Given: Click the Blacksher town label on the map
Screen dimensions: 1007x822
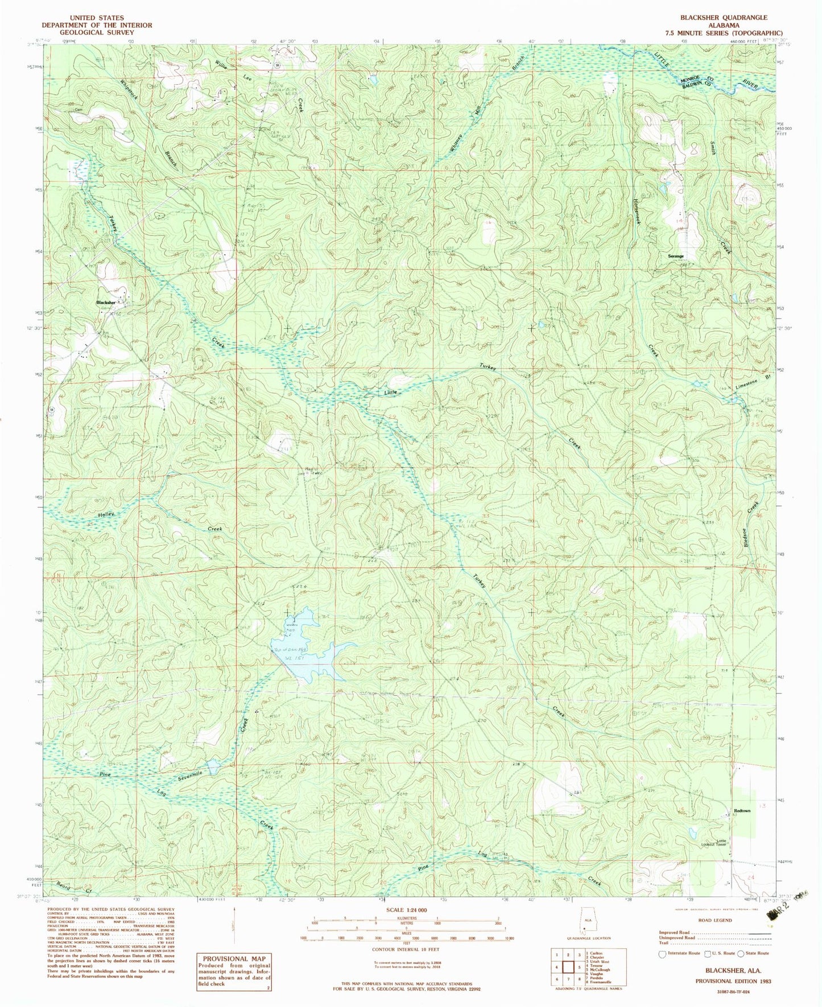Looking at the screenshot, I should tap(106, 303).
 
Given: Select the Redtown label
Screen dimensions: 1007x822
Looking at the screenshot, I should tap(742, 811).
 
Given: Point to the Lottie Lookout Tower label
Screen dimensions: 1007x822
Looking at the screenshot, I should tap(721, 843).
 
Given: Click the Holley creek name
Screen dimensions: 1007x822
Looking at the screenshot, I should tap(106, 514).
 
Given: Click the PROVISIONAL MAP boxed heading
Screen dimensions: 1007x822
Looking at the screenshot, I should tap(234, 958).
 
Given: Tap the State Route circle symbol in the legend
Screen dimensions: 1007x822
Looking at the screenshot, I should tap(741, 954).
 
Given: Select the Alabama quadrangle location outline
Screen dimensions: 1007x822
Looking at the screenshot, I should tap(584, 922).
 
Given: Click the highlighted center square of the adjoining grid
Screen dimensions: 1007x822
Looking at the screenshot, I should tap(567, 967).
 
